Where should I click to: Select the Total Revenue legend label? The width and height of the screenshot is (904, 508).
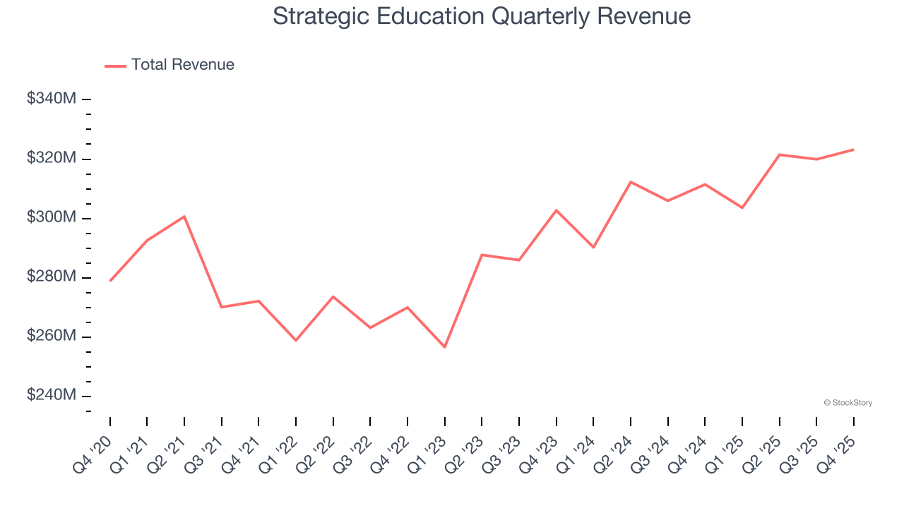182,65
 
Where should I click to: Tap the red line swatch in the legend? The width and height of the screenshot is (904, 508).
115,66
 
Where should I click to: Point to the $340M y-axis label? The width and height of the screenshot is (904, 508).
51,99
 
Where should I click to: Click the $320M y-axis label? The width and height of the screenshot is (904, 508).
51,158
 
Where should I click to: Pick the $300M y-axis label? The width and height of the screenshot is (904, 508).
51,217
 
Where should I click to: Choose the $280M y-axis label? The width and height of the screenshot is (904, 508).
51,277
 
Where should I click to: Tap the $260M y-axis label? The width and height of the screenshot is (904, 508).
51,336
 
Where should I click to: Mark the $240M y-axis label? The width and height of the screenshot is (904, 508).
51,395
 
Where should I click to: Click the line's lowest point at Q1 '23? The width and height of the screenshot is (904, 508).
445,347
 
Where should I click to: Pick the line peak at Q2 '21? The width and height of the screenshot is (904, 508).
184,216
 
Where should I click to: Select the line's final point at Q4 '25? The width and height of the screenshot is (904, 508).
853,150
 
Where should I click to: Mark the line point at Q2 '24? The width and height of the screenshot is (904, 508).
631,182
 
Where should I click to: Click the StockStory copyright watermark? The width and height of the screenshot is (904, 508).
847,403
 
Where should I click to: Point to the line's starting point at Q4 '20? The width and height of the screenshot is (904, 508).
110,281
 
